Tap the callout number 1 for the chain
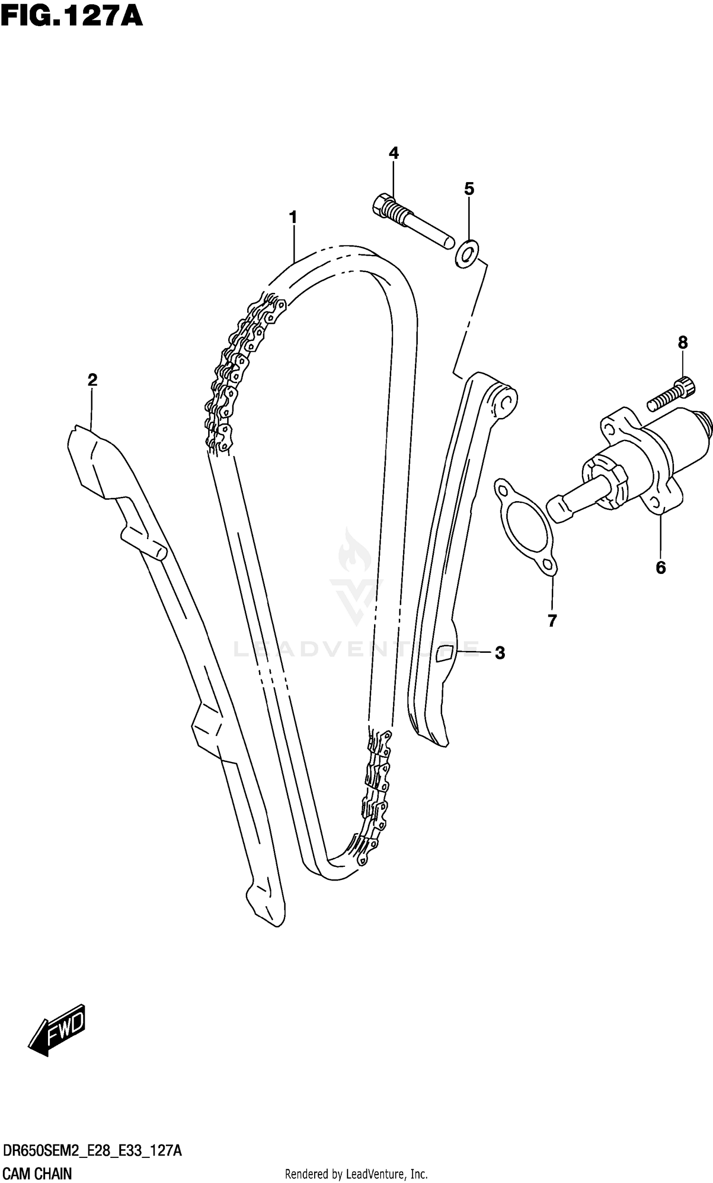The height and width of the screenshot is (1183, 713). [293, 217]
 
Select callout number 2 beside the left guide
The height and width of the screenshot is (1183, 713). [92, 380]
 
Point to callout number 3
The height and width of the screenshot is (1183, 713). [500, 653]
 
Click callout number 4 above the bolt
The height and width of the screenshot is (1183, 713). [394, 153]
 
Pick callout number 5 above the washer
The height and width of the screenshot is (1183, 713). [469, 189]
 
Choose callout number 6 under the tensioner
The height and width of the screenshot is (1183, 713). [661, 568]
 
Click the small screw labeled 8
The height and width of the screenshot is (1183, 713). [671, 394]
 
